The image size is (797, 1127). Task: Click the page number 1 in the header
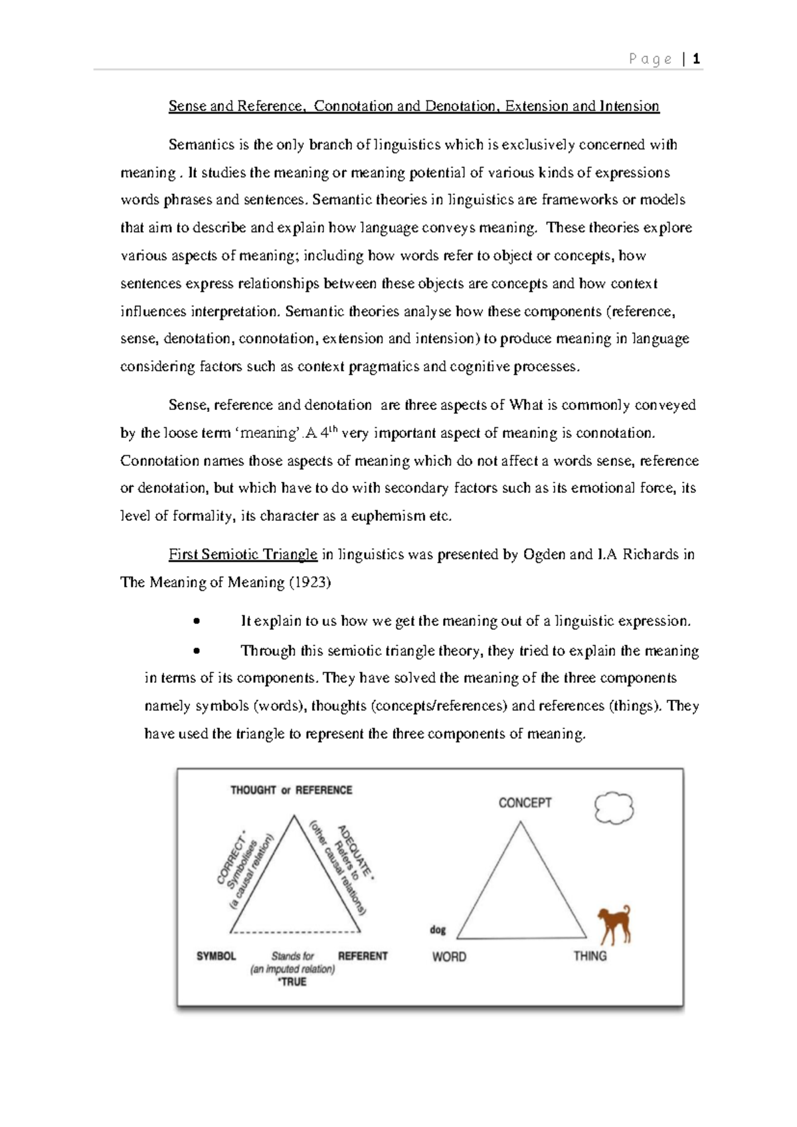[x=696, y=60]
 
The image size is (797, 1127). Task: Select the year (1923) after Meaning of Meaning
[x=310, y=583]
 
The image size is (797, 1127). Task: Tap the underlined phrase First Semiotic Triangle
[x=242, y=555]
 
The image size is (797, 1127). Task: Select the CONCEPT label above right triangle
[x=525, y=803]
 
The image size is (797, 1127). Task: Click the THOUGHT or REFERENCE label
[x=291, y=790]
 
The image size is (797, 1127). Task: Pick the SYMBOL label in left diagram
[x=216, y=956]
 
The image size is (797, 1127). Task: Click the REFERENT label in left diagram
[x=363, y=956]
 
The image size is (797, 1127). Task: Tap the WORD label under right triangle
[x=449, y=957]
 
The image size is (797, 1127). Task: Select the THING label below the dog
[x=590, y=956]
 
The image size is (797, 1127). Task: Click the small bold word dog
[x=438, y=930]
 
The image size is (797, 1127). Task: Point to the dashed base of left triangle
[x=296, y=933]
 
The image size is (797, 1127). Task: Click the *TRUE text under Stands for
[x=292, y=981]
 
